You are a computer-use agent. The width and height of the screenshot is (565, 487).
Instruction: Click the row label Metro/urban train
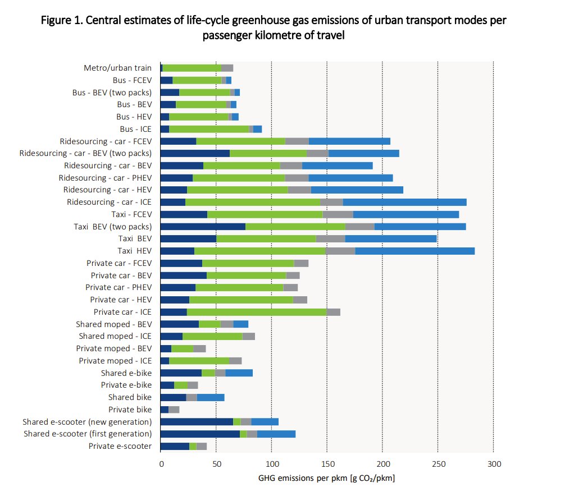click(117, 68)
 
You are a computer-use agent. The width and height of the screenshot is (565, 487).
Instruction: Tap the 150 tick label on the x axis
click(327, 463)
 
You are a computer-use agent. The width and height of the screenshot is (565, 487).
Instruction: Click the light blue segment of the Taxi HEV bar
click(415, 251)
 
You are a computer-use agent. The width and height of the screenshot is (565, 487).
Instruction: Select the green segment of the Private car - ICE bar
click(257, 312)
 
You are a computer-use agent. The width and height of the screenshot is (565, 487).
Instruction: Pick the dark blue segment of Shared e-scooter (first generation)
click(200, 434)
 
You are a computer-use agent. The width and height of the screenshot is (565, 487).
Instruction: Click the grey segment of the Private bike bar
click(174, 410)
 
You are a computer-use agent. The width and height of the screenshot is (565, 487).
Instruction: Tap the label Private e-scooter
click(120, 446)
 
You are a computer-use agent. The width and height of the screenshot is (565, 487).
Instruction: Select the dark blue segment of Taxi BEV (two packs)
click(203, 227)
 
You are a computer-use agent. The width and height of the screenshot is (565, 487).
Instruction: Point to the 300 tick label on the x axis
click(493, 463)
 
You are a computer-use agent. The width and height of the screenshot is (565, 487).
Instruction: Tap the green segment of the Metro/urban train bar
click(192, 68)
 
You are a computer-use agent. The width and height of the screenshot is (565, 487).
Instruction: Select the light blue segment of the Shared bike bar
click(211, 397)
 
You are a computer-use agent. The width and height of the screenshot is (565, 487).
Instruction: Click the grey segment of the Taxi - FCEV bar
click(338, 214)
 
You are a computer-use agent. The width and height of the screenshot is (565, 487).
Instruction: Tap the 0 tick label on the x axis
click(161, 463)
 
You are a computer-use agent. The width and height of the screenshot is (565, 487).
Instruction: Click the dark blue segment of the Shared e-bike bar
click(181, 373)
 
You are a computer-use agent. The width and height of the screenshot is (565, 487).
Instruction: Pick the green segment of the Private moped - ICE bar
click(199, 361)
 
